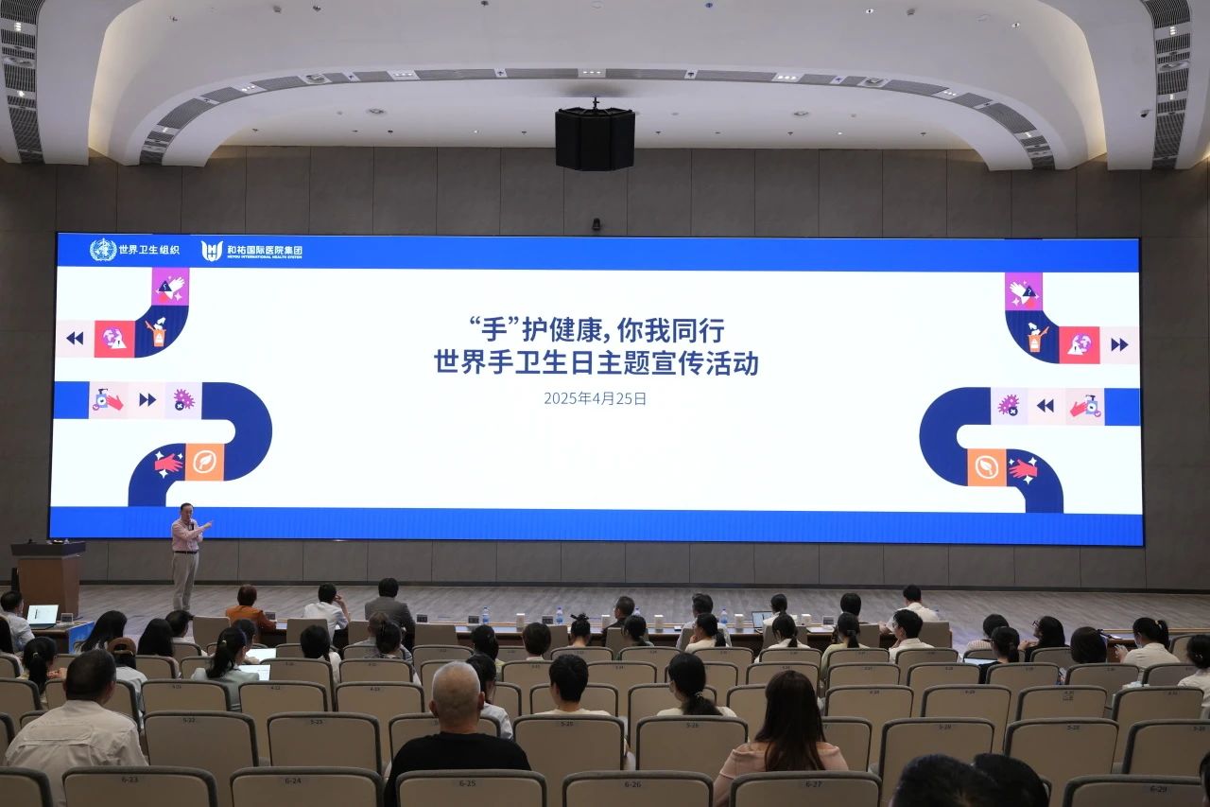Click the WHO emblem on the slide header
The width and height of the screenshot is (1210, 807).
(103, 250)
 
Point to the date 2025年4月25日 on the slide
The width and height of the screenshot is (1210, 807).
(595, 398)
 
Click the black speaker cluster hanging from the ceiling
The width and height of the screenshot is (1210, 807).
(595, 138)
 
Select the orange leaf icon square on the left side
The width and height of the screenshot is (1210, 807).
(204, 462)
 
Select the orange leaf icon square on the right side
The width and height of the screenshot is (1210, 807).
(986, 466)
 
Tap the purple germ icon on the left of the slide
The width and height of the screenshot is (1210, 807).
(182, 399)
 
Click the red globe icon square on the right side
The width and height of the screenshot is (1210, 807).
(1079, 344)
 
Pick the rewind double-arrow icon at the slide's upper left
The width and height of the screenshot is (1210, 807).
(75, 338)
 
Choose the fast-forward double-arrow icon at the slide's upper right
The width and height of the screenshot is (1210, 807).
(1119, 344)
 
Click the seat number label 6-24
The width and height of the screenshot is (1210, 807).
(294, 781)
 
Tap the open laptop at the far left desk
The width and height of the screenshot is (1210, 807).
(42, 615)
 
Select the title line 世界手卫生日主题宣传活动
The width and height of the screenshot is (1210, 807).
(596, 363)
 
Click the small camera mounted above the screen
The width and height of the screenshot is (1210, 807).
(596, 225)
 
